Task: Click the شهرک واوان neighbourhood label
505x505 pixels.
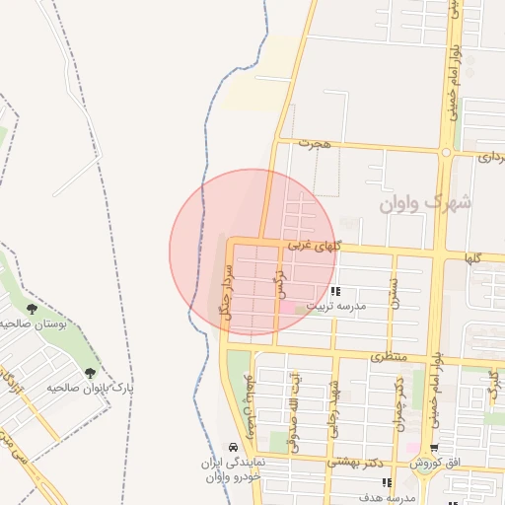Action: tap(426, 203)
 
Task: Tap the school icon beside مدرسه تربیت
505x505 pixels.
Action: tap(335, 292)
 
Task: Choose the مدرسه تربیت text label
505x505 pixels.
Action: tap(335, 307)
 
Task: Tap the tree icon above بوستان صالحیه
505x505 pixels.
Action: tap(33, 310)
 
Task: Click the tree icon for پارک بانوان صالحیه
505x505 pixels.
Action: tap(91, 373)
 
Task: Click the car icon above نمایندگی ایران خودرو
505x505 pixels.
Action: tap(232, 447)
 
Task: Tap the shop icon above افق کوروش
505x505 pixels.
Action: tap(433, 449)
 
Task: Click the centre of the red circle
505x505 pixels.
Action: tap(253, 252)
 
